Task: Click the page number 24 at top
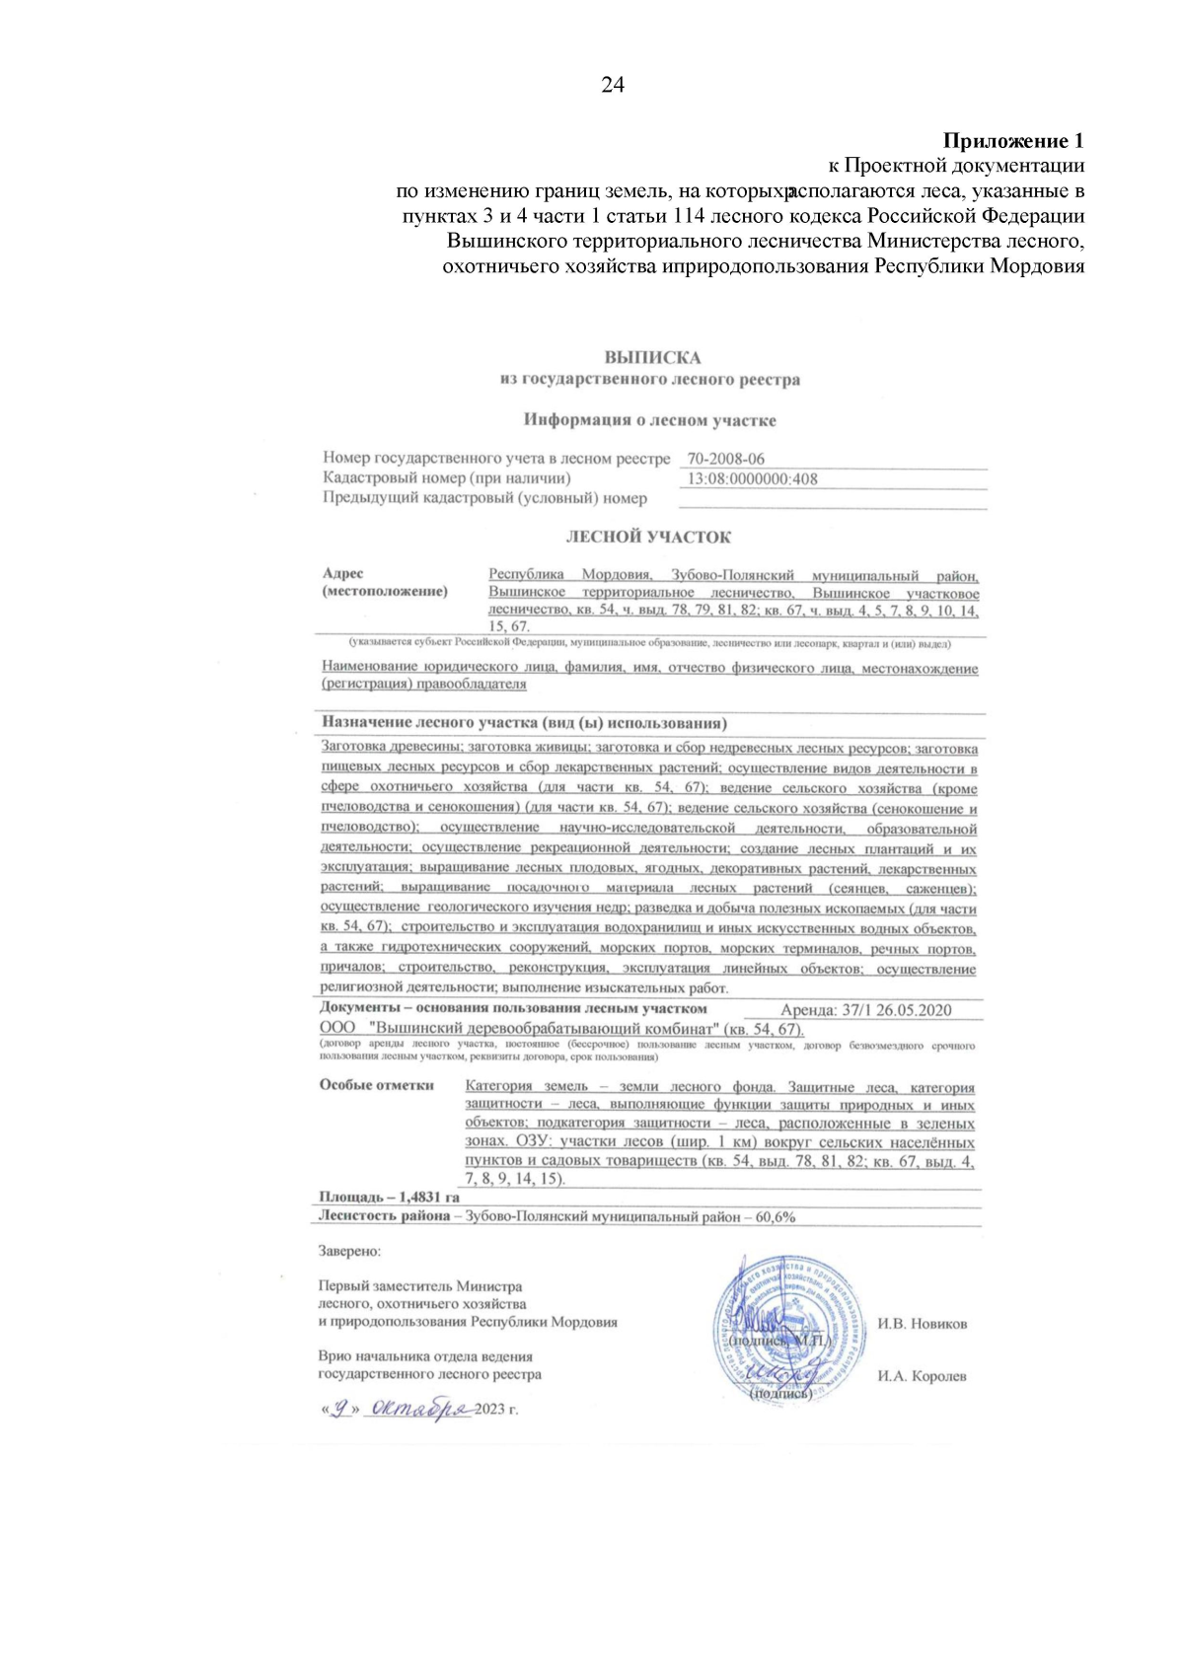(612, 86)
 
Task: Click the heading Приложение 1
(1013, 140)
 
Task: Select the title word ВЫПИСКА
(652, 357)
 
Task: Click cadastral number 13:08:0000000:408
(752, 479)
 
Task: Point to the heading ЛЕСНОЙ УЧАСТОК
(648, 538)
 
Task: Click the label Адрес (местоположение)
(384, 583)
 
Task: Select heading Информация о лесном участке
(649, 420)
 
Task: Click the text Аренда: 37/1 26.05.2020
(865, 1010)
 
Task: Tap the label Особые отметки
(376, 1085)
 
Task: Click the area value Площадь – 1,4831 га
(389, 1198)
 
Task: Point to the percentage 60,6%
(776, 1217)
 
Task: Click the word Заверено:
(348, 1251)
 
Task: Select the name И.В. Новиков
(922, 1324)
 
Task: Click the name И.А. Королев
(922, 1376)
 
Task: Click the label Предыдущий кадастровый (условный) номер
(484, 499)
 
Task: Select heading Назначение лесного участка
(524, 723)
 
